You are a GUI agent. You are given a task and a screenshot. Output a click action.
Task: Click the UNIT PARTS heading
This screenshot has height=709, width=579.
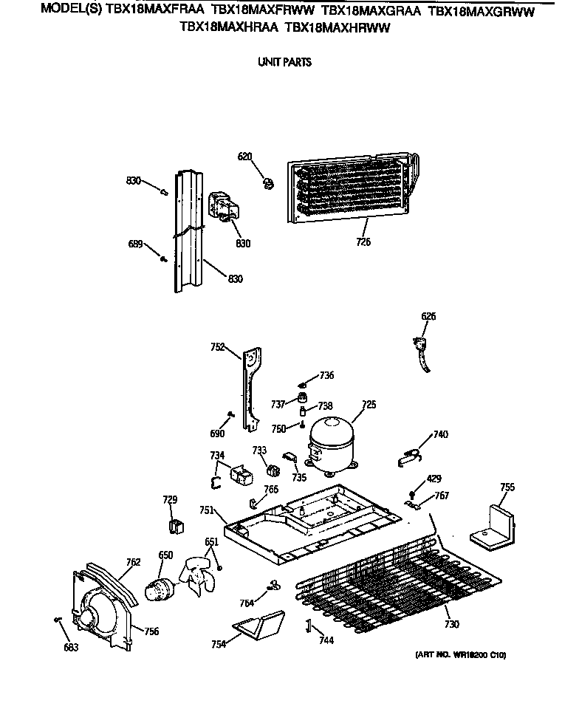pyautogui.click(x=284, y=62)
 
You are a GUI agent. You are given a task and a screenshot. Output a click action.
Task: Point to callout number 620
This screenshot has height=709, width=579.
pyautogui.click(x=244, y=157)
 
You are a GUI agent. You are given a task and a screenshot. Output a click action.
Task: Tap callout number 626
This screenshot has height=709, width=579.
pyautogui.click(x=428, y=316)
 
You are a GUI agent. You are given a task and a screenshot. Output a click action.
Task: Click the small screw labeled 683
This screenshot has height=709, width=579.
pyautogui.click(x=57, y=620)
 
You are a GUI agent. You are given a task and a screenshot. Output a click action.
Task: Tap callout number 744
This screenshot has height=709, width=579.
pyautogui.click(x=324, y=641)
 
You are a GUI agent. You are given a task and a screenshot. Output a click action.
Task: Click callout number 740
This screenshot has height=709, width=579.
pyautogui.click(x=440, y=434)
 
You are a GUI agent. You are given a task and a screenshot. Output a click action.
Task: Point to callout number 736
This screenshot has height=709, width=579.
pyautogui.click(x=326, y=375)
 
